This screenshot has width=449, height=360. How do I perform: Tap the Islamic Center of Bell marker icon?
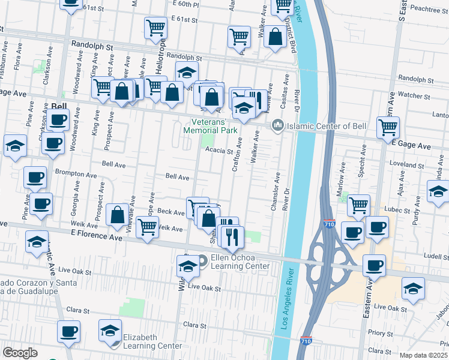[277, 125]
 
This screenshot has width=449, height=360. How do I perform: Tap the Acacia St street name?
[218, 151]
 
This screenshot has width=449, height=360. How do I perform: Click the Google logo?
[20, 352]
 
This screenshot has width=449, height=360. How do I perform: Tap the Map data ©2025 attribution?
[424, 355]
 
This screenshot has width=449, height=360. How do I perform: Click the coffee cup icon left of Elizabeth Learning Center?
[68, 331]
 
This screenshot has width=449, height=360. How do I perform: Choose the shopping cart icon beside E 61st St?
[155, 26]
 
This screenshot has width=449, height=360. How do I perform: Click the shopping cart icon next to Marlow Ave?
[358, 205]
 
